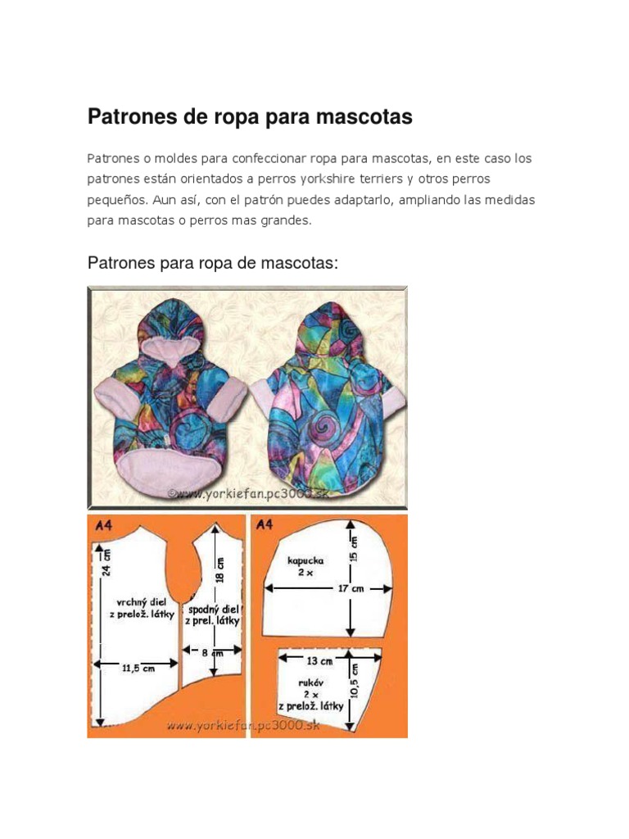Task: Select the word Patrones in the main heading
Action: (131, 117)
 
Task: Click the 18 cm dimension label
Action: (220, 565)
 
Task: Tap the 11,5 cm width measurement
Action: (138, 668)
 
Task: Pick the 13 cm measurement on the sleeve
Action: (319, 660)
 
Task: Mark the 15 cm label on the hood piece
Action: (354, 551)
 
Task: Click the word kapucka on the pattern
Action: (305, 561)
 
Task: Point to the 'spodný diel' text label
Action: (214, 610)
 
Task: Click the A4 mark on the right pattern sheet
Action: (265, 525)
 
